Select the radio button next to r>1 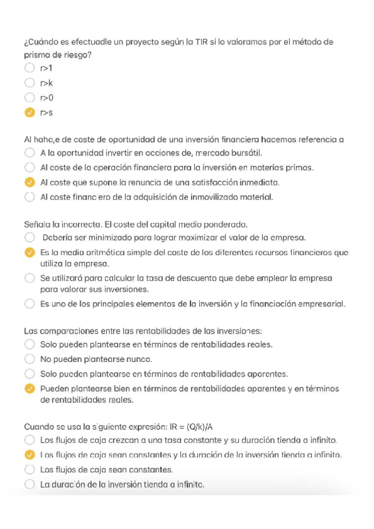29,67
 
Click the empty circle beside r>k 29,82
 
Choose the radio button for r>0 29,97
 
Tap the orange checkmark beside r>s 29,112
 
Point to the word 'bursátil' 247,152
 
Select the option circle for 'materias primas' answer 29,167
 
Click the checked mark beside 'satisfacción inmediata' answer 29,182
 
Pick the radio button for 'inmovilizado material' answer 29,197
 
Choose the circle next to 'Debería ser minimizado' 29,238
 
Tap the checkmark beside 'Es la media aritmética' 29,253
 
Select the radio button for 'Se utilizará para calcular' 29,278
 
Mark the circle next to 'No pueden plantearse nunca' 29,359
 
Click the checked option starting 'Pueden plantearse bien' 29,388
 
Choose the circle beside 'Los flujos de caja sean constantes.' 29,469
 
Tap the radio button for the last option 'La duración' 29,484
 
